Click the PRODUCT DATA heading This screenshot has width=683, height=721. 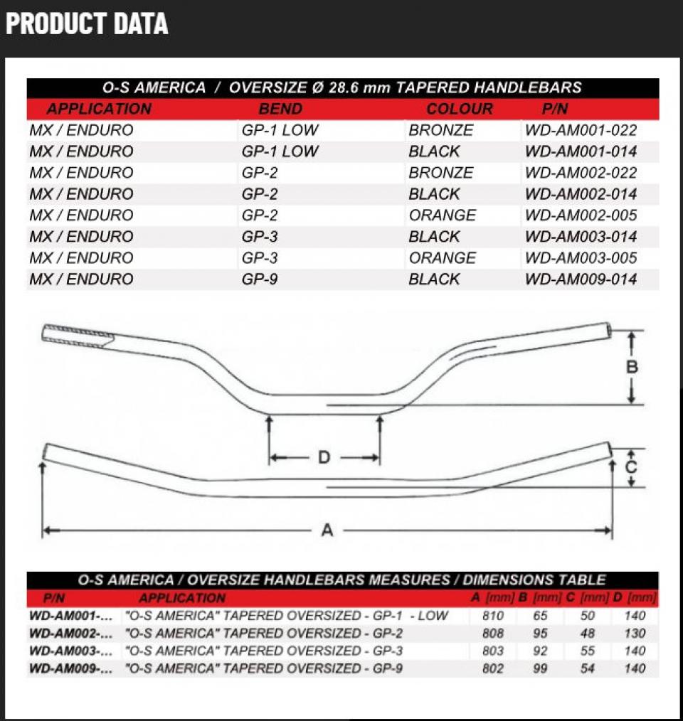[87, 23]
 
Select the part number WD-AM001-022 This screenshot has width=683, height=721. [581, 130]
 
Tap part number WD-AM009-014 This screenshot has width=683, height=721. [581, 279]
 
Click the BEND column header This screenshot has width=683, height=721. [280, 110]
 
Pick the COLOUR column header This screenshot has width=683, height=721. [459, 110]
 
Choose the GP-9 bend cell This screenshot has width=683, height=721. [260, 279]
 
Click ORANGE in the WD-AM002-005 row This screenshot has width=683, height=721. [442, 215]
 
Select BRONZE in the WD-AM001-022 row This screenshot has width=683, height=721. [440, 130]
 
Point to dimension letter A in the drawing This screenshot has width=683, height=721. [327, 530]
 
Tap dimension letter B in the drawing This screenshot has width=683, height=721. [632, 368]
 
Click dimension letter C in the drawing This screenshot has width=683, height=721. [631, 468]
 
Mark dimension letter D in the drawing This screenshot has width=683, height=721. [324, 457]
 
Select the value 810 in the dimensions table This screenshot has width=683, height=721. [492, 616]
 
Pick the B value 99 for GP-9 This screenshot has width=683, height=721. [540, 668]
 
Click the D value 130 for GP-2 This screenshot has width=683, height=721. [634, 634]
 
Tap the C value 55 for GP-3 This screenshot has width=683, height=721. [587, 651]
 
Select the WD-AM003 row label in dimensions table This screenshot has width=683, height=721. [70, 651]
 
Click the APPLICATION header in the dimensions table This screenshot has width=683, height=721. [182, 598]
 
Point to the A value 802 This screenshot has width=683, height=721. [492, 668]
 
